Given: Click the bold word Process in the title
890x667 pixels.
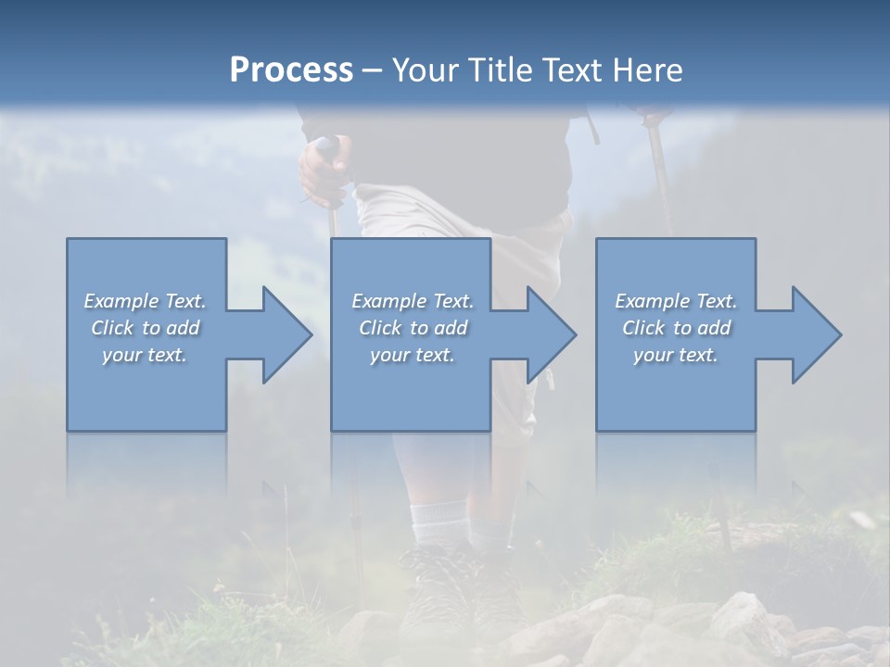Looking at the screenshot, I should click(291, 69).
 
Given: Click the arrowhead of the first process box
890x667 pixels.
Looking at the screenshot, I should click(286, 334).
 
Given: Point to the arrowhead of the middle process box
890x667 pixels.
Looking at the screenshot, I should click(551, 334).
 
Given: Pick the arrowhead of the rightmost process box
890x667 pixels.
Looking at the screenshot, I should click(816, 334).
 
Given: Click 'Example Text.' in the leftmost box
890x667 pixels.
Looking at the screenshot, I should click(145, 301).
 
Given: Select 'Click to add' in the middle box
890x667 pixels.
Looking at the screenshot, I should click(413, 328).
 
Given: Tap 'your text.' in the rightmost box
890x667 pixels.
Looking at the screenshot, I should click(676, 355).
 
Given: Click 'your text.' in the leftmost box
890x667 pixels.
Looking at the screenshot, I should click(145, 355).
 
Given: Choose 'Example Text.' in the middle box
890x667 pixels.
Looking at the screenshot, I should click(413, 301).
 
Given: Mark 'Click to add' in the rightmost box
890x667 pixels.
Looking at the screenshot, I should click(676, 328).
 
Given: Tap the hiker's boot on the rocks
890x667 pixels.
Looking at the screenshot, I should click(436, 584).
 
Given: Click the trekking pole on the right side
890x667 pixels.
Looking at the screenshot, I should click(660, 176).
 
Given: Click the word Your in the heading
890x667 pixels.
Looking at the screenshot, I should click(424, 69).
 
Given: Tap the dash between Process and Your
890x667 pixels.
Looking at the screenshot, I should click(372, 71).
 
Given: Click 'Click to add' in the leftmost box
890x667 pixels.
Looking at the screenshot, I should click(145, 328).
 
